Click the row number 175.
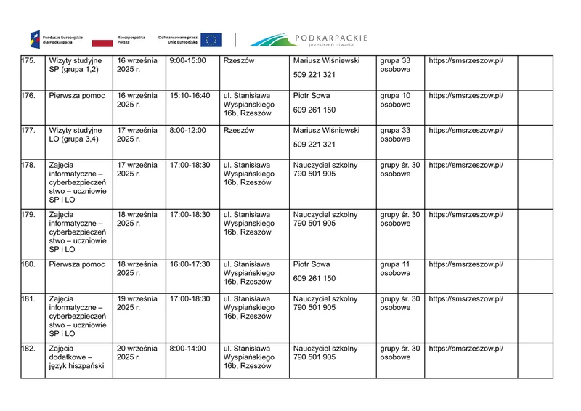click(x=29, y=61)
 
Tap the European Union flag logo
click(x=211, y=40)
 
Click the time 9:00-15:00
click(x=187, y=61)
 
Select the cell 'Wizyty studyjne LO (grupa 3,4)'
click(x=75, y=135)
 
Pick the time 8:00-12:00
click(x=187, y=131)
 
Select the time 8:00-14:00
click(x=187, y=349)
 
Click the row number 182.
click(x=29, y=349)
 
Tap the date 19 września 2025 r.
click(x=137, y=303)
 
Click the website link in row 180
click(x=466, y=264)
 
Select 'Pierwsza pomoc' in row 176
click(x=77, y=96)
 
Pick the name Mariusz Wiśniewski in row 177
click(x=326, y=131)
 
